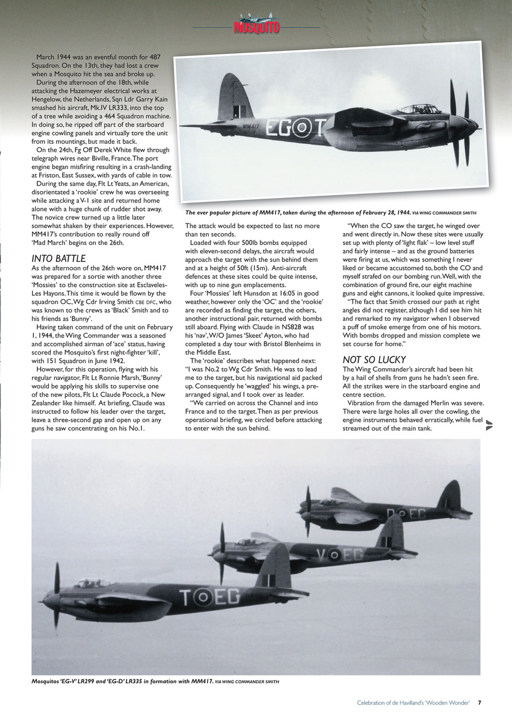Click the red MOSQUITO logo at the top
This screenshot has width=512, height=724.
(256, 27)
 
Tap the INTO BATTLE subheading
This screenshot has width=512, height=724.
(58, 258)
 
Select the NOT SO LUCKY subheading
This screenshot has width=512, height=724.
(374, 360)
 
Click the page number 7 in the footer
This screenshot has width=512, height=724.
(479, 703)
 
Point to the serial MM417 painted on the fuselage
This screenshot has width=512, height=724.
(250, 126)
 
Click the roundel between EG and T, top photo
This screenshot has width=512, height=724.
(303, 128)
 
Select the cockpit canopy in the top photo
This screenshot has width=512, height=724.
(419, 108)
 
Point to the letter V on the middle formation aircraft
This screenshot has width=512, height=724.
(322, 555)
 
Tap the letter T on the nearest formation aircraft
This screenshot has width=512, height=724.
(186, 597)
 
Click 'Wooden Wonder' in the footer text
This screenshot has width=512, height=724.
(451, 703)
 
